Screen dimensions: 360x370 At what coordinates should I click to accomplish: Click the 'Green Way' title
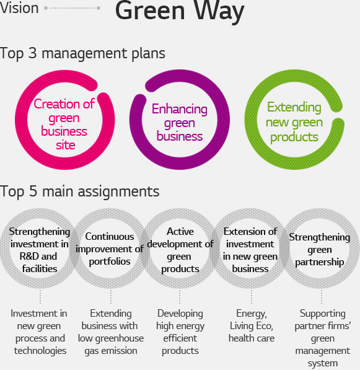tap(180, 11)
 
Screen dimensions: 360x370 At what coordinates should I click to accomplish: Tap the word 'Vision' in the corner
tap(19, 8)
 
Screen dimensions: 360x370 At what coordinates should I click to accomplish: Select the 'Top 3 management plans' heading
tap(82, 54)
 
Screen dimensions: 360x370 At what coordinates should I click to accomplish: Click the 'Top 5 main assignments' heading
tap(80, 192)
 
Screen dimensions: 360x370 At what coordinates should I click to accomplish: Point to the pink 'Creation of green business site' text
tap(64, 124)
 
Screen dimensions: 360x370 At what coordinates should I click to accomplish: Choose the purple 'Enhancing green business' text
tap(180, 123)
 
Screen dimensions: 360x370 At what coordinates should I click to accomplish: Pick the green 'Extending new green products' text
tap(294, 122)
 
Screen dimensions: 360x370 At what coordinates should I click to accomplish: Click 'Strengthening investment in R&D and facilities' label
tap(40, 250)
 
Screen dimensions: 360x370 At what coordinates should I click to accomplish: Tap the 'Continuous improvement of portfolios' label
tap(110, 249)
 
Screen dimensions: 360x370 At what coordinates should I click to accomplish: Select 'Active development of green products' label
tap(180, 250)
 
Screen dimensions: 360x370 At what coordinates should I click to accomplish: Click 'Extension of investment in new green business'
tap(250, 250)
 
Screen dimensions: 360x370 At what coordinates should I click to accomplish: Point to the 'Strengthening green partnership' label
tap(320, 250)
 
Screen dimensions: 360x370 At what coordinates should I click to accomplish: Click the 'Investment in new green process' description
tap(39, 332)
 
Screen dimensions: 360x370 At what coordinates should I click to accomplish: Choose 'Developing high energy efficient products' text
tap(180, 332)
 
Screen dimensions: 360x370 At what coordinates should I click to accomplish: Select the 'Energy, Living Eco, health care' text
tap(252, 326)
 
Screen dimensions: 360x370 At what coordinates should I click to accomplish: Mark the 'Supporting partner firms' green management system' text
tap(323, 338)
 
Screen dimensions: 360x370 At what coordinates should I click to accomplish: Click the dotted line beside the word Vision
tap(72, 8)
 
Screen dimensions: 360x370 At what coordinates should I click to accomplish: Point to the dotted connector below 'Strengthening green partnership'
tap(322, 297)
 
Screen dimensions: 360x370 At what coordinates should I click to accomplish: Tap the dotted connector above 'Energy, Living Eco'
tap(252, 297)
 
